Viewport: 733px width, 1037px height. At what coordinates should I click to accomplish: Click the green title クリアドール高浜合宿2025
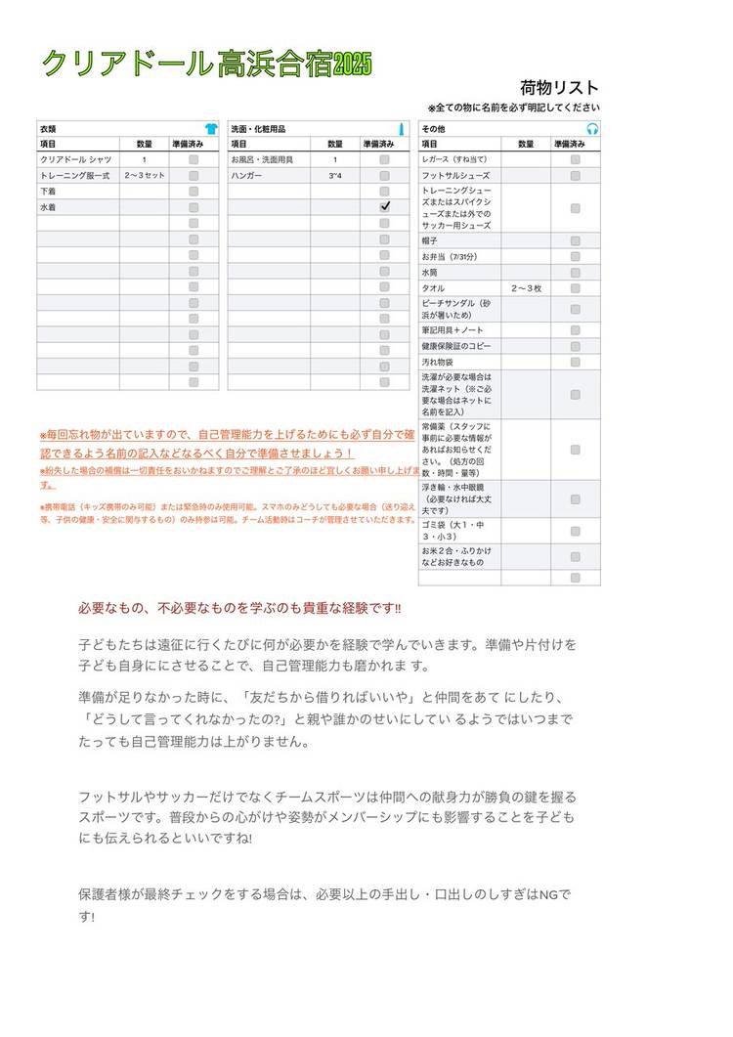pos(205,65)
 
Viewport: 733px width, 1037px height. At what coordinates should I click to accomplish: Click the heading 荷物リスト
pos(559,88)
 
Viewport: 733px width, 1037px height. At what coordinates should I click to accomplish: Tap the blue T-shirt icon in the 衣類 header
pos(210,129)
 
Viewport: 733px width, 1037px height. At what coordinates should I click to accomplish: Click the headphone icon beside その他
pos(591,129)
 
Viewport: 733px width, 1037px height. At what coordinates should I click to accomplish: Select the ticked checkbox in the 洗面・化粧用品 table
pos(385,206)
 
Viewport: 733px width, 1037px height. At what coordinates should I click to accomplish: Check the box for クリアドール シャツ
pos(194,159)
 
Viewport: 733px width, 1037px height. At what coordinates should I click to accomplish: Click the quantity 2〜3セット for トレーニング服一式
pos(145,175)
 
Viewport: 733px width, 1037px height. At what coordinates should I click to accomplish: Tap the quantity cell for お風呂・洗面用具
pos(334,159)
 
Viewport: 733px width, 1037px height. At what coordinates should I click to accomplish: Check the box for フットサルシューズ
pos(576,175)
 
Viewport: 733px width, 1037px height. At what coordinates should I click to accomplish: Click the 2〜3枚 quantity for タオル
pos(526,288)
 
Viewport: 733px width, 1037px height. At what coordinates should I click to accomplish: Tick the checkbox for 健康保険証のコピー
pos(576,346)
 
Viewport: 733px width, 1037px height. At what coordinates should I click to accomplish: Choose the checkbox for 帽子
pos(576,240)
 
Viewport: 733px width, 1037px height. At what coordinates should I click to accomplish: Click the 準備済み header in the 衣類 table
pos(188,144)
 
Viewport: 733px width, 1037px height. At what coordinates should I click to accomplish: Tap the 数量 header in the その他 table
pos(526,144)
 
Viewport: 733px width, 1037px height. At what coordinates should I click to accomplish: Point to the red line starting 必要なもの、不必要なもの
pos(239,608)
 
